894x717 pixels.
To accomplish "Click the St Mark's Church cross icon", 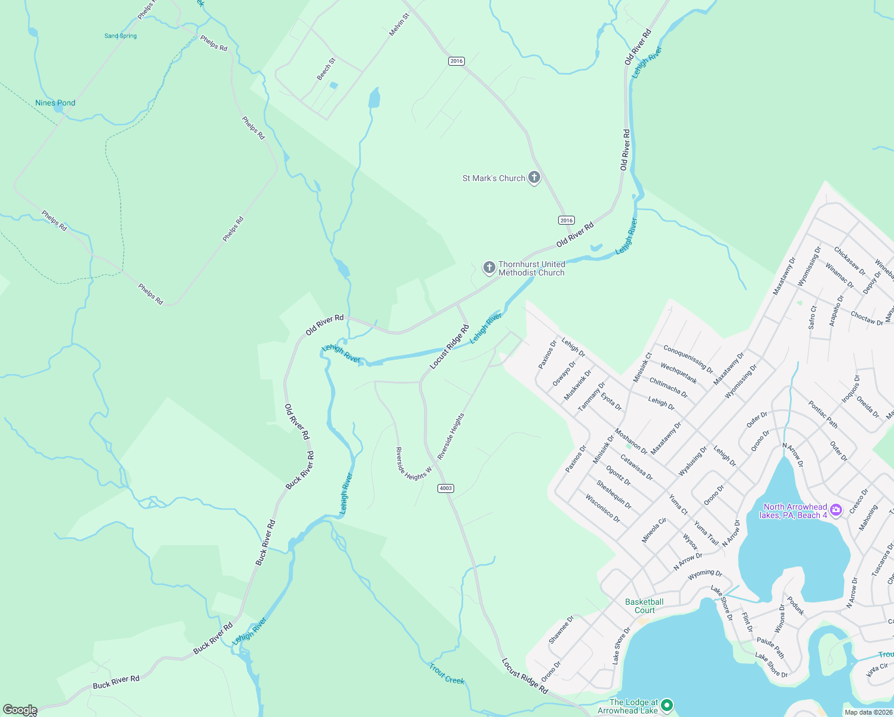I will [534, 177].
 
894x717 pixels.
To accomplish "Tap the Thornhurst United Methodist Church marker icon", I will [489, 267].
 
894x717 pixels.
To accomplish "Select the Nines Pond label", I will [55, 103].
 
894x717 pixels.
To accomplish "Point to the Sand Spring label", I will [121, 36].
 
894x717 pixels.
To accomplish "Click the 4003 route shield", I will [446, 488].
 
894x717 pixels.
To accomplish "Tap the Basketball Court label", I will [644, 606].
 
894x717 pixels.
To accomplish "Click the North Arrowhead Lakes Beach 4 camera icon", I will [836, 510].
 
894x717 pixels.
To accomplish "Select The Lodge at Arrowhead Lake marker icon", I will [668, 706].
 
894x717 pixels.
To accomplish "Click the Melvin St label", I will [399, 24].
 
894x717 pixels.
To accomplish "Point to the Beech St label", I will [326, 69].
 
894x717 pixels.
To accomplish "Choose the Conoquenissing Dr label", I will [688, 358].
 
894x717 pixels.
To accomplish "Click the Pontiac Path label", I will [823, 415].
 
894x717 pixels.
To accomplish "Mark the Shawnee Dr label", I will [561, 630].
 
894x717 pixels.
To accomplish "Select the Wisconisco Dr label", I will [602, 508].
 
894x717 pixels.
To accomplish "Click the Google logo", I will [20, 710].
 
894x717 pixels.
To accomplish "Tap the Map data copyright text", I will [868, 712].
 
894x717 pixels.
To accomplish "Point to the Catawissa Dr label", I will [636, 468].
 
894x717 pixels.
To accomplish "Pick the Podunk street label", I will [795, 606].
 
